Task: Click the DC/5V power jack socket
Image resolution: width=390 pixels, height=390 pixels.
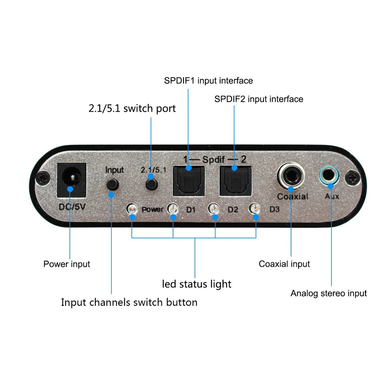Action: click(x=71, y=180)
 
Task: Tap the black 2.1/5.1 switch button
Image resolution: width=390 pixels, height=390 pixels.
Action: click(x=151, y=184)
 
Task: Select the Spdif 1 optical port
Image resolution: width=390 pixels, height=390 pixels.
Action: click(x=189, y=181)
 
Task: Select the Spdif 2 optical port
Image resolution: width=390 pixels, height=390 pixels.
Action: click(x=235, y=181)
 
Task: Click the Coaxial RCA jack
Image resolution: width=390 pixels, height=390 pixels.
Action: click(x=291, y=177)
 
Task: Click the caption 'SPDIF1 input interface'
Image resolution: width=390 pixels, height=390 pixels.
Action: click(x=208, y=81)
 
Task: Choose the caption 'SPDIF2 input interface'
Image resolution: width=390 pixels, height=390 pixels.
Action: click(x=259, y=99)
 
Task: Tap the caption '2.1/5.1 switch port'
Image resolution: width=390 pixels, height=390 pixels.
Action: click(x=132, y=108)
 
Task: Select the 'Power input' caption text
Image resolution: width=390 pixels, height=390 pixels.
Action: click(x=67, y=264)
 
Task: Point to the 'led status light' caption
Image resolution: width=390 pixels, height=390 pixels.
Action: click(x=197, y=284)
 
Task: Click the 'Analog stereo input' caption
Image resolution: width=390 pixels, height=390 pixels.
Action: click(x=329, y=293)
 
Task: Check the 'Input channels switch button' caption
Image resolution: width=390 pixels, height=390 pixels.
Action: click(x=129, y=302)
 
